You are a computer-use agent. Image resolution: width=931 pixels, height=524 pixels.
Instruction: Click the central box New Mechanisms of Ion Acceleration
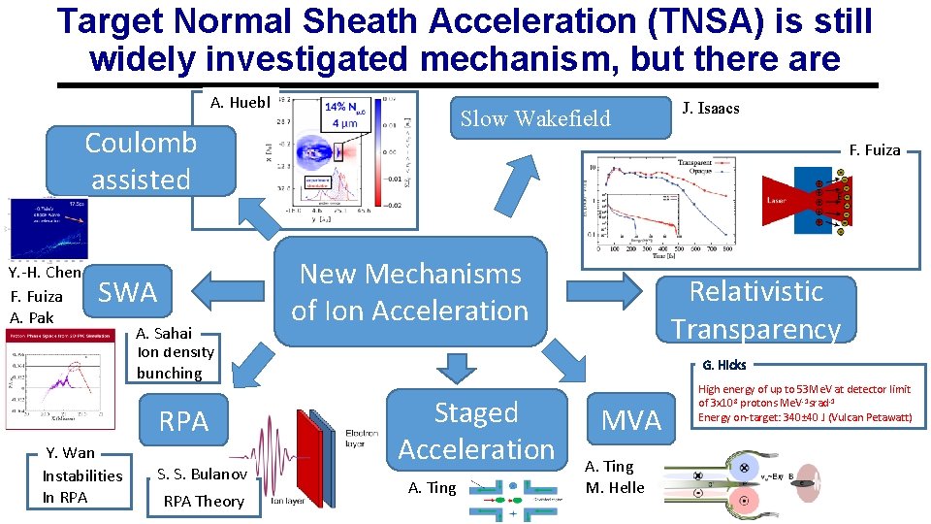click(410, 292)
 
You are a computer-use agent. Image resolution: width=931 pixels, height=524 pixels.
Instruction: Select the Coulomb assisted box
click(141, 160)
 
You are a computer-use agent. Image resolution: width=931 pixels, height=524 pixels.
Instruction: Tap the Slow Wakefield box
click(534, 118)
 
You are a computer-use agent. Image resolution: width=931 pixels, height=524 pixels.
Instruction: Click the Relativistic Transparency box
click(755, 310)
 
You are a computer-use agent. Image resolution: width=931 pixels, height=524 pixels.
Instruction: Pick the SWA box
click(128, 292)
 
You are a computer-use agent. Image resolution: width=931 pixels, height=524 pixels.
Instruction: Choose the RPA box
click(183, 421)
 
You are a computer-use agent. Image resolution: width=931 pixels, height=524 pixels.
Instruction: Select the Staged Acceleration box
click(476, 430)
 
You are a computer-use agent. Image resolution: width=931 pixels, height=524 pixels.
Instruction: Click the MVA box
click(631, 420)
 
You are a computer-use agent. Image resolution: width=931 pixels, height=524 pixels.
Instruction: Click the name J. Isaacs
click(710, 108)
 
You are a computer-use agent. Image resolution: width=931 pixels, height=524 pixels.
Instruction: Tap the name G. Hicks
click(723, 366)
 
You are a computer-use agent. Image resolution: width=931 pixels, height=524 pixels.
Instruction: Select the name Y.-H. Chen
click(45, 273)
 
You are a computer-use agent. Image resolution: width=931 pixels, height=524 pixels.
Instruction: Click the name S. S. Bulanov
click(202, 474)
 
